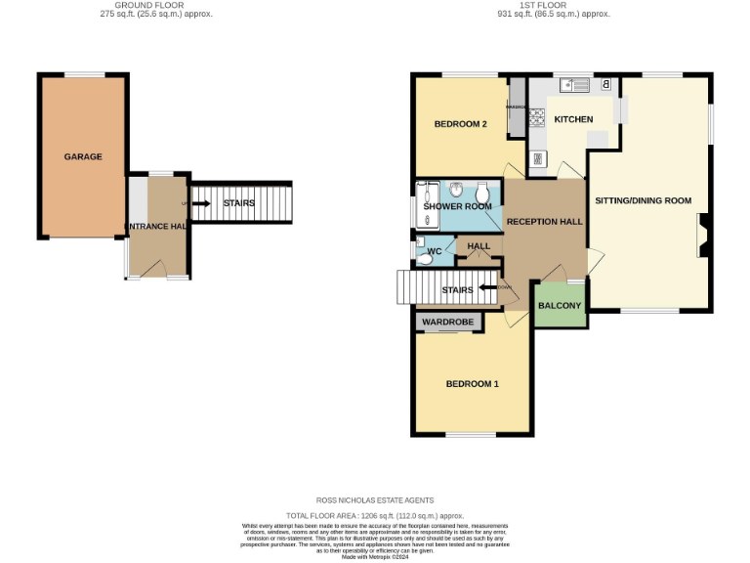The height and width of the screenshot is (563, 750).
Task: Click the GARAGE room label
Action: [83, 156]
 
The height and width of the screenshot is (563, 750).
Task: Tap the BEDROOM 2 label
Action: [460, 124]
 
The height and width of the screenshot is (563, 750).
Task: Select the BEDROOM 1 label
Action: [472, 384]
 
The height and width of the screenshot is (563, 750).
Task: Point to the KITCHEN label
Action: [573, 119]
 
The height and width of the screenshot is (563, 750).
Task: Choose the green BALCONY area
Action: [560, 305]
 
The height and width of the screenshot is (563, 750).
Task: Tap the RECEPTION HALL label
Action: [544, 222]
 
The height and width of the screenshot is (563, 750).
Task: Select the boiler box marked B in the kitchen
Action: [606, 85]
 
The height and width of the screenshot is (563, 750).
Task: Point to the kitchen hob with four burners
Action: [537, 117]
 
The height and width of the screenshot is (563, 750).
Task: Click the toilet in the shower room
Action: [482, 192]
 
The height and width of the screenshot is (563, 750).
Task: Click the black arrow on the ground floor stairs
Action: [200, 203]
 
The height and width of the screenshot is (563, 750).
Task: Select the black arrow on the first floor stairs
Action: [485, 288]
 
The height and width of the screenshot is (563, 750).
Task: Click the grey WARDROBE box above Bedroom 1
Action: [447, 322]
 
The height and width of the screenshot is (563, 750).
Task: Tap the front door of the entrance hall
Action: [177, 277]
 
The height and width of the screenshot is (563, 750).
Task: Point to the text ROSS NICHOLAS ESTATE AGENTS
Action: [374, 500]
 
